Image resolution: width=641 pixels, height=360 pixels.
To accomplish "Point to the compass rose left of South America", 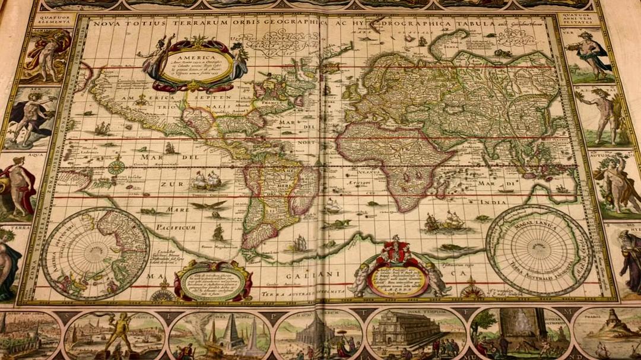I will [116, 165].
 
